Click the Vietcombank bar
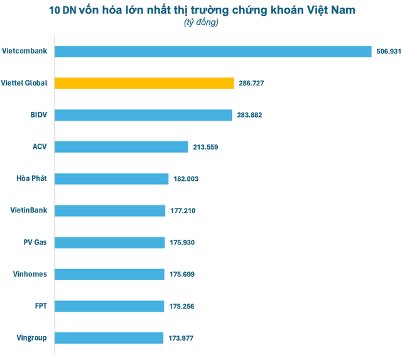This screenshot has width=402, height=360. pyautogui.click(x=214, y=51)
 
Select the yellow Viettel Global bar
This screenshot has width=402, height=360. pyautogui.click(x=144, y=83)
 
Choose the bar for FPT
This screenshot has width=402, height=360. pyautogui.click(x=110, y=306)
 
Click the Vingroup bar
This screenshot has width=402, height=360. pyautogui.click(x=110, y=338)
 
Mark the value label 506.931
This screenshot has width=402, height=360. pyautogui.click(x=388, y=52)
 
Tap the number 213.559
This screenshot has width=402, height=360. pyautogui.click(x=205, y=147)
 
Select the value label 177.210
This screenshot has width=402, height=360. pyautogui.click(x=183, y=210)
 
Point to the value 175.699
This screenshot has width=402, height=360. pyautogui.click(x=182, y=275)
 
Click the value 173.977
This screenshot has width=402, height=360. pyautogui.click(x=181, y=338)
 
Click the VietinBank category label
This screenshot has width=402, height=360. pyautogui.click(x=29, y=210)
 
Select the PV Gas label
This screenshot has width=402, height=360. pyautogui.click(x=34, y=243)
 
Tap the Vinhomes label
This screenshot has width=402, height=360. pyautogui.click(x=30, y=275)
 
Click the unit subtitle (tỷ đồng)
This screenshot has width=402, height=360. pyautogui.click(x=202, y=23)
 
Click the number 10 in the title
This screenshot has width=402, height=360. pyautogui.click(x=55, y=11)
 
